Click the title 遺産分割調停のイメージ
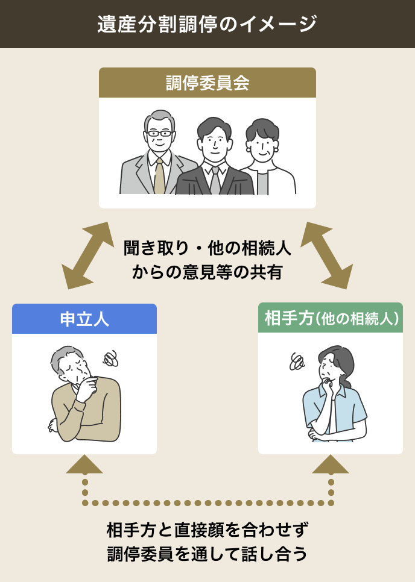click(207, 24)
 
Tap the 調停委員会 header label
click(207, 83)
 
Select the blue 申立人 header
click(84, 319)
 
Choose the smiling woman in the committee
click(262, 145)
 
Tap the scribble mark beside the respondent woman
click(297, 361)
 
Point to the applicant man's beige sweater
click(90, 410)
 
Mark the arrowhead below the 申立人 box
click(84, 464)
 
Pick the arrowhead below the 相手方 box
click(331, 464)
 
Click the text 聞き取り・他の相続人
click(207, 248)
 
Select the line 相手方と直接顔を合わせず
click(207, 530)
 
